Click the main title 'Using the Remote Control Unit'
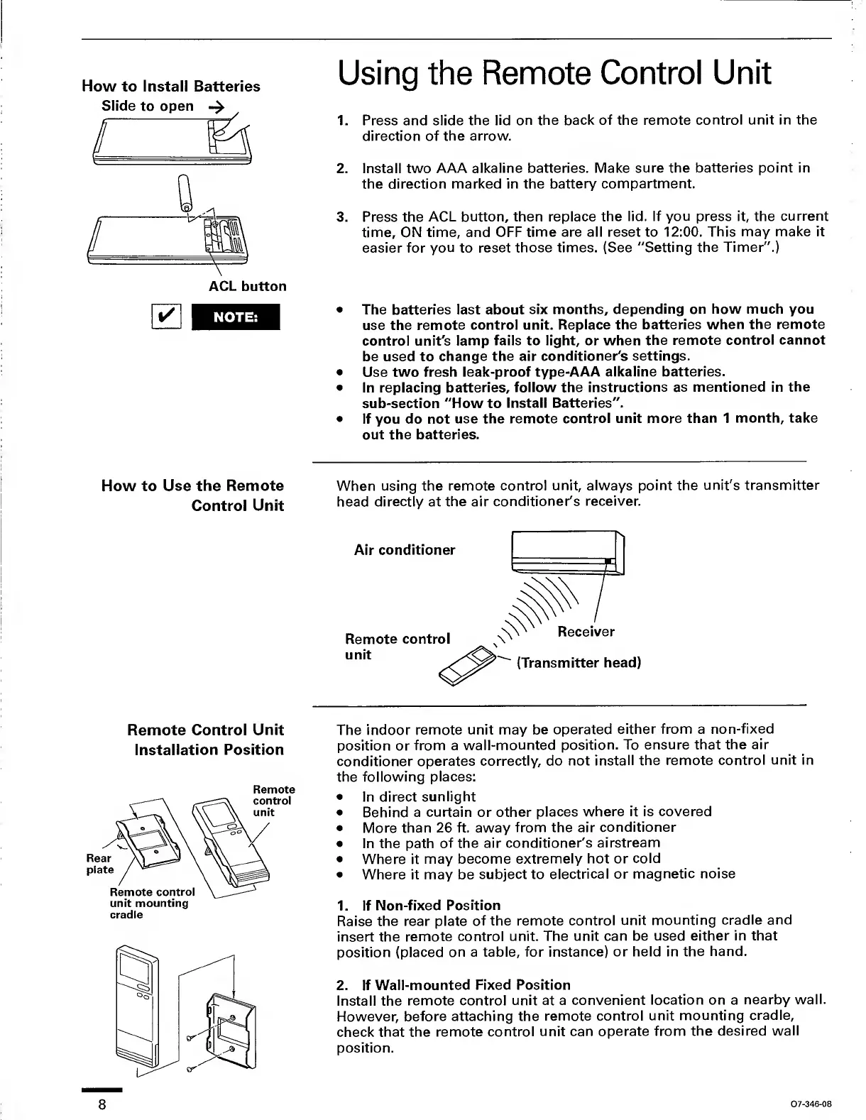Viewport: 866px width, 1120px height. tap(554, 74)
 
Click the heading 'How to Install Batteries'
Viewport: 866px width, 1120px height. tap(171, 87)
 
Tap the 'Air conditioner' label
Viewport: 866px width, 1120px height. tap(405, 550)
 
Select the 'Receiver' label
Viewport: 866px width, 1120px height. tap(586, 632)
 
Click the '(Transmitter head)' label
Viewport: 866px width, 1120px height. tap(579, 663)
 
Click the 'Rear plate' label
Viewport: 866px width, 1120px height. tap(99, 864)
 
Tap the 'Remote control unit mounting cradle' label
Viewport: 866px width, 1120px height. tap(151, 903)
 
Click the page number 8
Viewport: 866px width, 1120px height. tap(103, 1105)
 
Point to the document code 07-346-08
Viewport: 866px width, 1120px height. tap(810, 1104)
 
